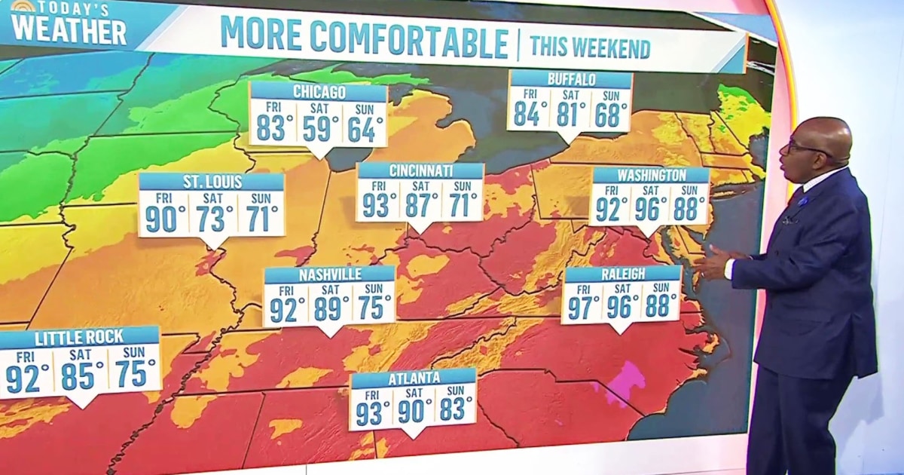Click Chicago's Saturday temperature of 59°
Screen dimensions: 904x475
[x=321, y=129]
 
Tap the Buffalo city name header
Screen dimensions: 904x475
[x=571, y=79]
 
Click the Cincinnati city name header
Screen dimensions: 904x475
[x=420, y=170]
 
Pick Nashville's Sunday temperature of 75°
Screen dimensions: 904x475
[x=374, y=308]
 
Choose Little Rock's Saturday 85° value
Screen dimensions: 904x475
[x=83, y=376]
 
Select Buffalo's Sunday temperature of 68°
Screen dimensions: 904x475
[x=611, y=114]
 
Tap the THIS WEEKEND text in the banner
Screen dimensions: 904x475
[x=590, y=47]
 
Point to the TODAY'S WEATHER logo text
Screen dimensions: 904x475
[x=68, y=25]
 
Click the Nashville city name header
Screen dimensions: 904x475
[x=330, y=274]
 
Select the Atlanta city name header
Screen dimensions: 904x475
[x=414, y=377]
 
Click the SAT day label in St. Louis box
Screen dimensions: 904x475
[x=212, y=197]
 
